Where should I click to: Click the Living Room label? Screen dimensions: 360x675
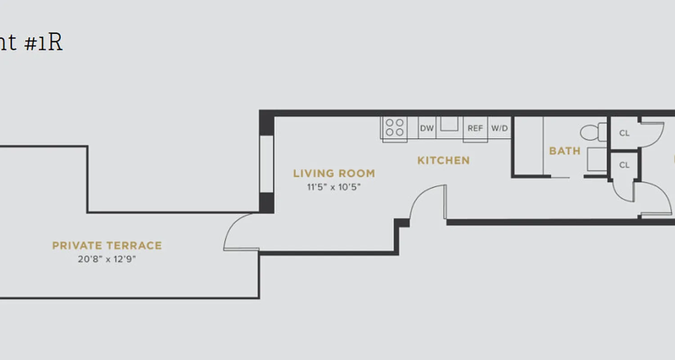point(334,173)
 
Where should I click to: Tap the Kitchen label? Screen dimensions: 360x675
point(443,160)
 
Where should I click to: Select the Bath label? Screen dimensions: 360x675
point(565,151)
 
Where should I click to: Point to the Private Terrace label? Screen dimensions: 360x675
point(107,246)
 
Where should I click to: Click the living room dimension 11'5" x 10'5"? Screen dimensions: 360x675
point(334,187)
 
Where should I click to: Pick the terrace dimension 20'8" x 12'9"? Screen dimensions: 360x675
point(107,259)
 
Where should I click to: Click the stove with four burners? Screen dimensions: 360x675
point(395,127)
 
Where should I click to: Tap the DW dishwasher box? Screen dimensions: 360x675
point(427,128)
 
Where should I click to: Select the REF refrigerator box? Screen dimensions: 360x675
point(475,128)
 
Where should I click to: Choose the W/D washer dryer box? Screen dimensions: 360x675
point(499,128)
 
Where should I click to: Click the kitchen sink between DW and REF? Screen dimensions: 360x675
point(449,124)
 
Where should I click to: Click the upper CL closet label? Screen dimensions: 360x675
point(624,133)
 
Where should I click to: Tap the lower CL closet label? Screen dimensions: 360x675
point(624,165)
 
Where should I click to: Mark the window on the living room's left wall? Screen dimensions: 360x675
point(267,164)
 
